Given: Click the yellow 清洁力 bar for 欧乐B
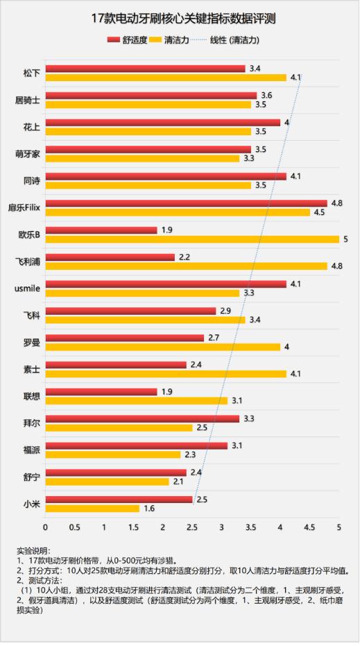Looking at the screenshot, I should coord(192,239).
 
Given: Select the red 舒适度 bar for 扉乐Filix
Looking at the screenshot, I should coord(186,203).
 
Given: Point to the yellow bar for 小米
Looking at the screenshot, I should coord(92,509).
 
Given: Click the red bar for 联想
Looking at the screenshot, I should coord(101,391).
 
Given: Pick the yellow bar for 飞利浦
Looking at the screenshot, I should coord(186,266).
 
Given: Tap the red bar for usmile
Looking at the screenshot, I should coord(166,284).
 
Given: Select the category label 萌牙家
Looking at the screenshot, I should coord(28,154).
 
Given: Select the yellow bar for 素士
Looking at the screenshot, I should coord(166,374).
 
